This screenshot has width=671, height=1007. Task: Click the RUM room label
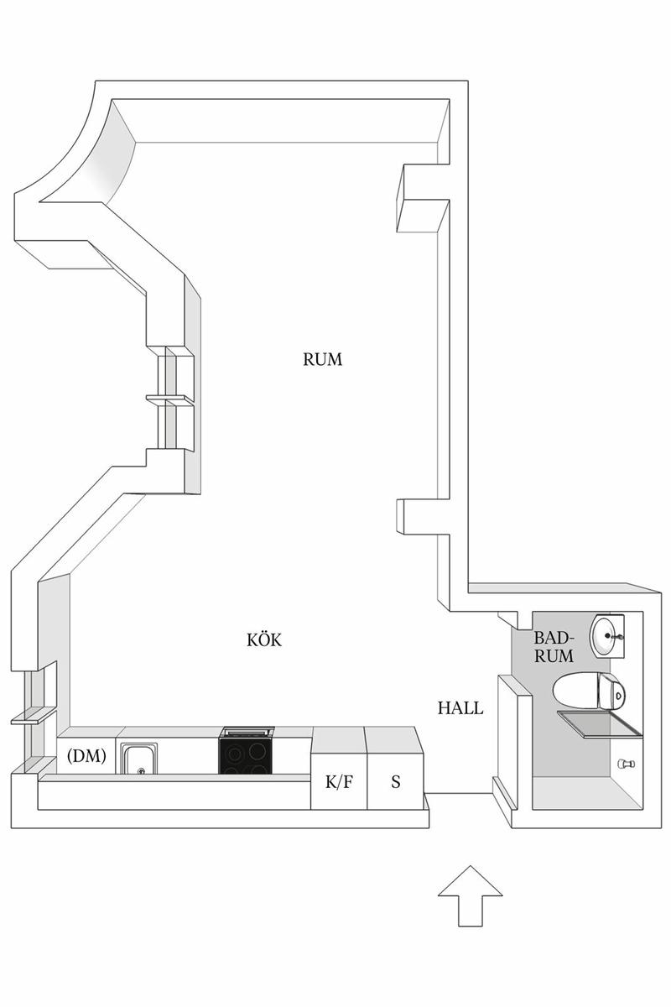pyautogui.click(x=322, y=359)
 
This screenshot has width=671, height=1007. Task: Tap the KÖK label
pyautogui.click(x=264, y=639)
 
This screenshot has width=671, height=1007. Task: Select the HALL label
pyautogui.click(x=460, y=708)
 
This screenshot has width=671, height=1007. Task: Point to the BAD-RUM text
pyautogui.click(x=554, y=646)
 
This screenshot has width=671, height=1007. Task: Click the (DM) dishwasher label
pyautogui.click(x=86, y=756)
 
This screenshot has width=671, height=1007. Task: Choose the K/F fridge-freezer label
pyautogui.click(x=339, y=782)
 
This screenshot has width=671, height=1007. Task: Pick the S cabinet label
pyautogui.click(x=396, y=782)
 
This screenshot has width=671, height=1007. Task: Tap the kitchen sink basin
pyautogui.click(x=138, y=759)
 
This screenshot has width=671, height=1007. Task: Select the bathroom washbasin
pyautogui.click(x=606, y=635)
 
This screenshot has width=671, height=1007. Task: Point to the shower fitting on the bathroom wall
pyautogui.click(x=627, y=763)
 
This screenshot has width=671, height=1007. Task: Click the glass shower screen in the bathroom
pyautogui.click(x=600, y=724)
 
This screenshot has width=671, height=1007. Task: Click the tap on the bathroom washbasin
pyautogui.click(x=615, y=636)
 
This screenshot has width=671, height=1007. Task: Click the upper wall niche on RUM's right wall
pyautogui.click(x=422, y=198)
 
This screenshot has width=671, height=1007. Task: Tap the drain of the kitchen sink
pyautogui.click(x=141, y=770)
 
